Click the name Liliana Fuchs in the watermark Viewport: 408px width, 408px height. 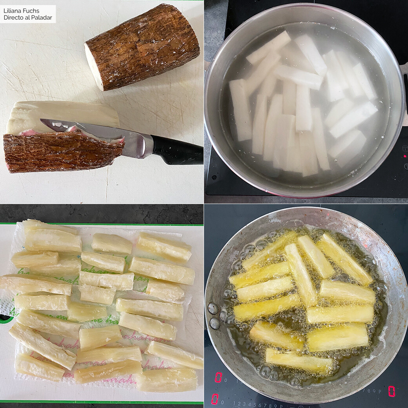tap(21, 11)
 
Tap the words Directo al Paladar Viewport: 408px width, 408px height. tap(27, 18)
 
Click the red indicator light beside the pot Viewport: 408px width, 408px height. tap(405, 156)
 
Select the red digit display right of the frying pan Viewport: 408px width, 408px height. tap(392, 391)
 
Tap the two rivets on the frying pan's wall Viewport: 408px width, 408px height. tap(214, 316)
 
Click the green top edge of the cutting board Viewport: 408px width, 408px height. tap(102, 224)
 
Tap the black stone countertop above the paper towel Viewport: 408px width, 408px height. tap(102, 213)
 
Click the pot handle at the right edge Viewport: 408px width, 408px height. tap(405, 94)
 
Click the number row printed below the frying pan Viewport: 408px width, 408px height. tap(259, 404)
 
